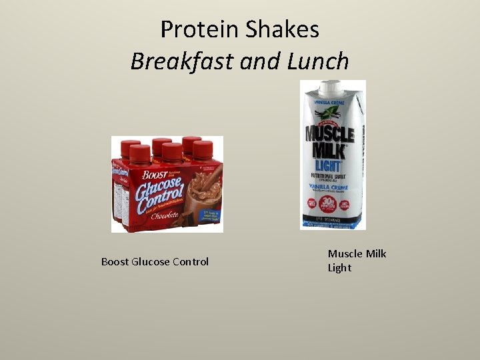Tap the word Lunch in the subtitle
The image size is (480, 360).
pyautogui.click(x=318, y=61)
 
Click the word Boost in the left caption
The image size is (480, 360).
pyautogui.click(x=116, y=261)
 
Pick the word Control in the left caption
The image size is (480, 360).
pyautogui.click(x=191, y=261)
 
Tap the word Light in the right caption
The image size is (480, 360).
pyautogui.click(x=339, y=268)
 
